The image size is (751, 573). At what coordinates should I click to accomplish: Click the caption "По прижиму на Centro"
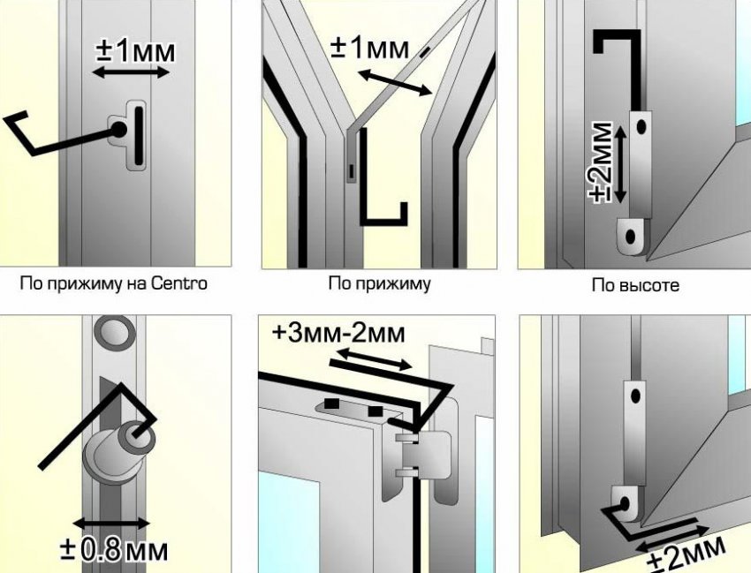(113, 283)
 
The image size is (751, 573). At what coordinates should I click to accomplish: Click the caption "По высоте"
(635, 285)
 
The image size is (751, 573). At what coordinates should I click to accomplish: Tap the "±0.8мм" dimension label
(115, 550)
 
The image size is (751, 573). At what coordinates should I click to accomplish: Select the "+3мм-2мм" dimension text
(338, 333)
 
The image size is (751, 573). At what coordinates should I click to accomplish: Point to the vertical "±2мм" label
(601, 162)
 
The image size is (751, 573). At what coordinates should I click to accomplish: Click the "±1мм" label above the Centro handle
(135, 51)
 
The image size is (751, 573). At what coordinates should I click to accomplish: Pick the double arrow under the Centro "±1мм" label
(131, 72)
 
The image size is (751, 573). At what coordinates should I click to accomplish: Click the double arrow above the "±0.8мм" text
(111, 523)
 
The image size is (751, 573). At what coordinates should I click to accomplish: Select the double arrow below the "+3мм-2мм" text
(374, 359)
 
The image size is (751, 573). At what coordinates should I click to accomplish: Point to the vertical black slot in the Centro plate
(139, 136)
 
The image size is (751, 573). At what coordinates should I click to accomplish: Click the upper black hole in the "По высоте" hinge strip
(641, 127)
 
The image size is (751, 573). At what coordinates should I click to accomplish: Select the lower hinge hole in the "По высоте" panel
(630, 237)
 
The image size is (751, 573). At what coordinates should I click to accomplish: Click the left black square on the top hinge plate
(330, 403)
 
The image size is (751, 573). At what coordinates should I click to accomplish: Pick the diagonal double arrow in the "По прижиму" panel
(396, 82)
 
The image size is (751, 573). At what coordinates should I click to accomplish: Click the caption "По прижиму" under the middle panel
(379, 283)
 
